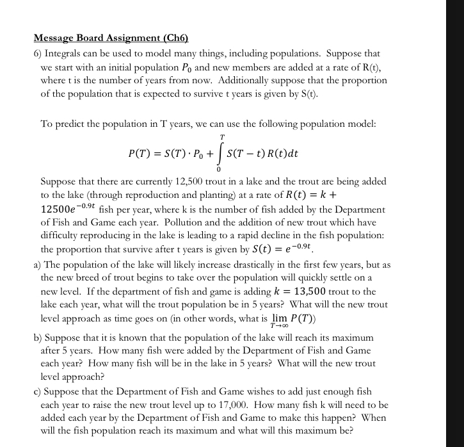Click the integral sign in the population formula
[x=221, y=154]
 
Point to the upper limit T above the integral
[x=222, y=137]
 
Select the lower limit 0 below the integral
[x=219, y=171]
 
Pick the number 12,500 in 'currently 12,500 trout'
[x=184, y=182]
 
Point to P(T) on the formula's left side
[x=141, y=154]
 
